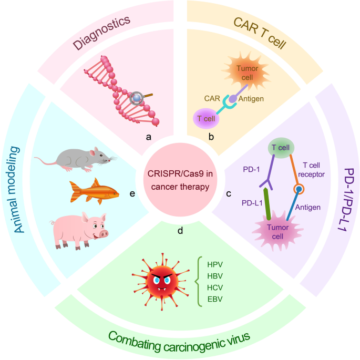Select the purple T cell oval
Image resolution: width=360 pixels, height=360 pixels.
(207, 118)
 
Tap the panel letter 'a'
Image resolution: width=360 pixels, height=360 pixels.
(148, 137)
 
